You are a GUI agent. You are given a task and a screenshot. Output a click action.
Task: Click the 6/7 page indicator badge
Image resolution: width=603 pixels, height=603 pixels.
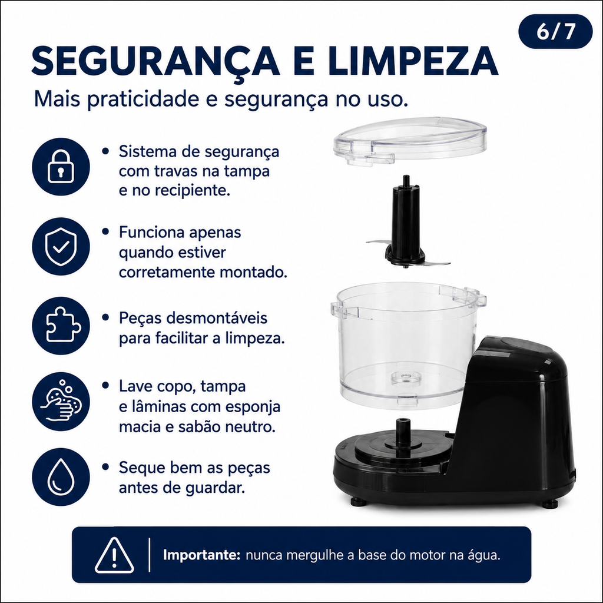tap(555, 32)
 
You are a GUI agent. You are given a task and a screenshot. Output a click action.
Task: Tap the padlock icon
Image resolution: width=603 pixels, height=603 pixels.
tap(61, 167)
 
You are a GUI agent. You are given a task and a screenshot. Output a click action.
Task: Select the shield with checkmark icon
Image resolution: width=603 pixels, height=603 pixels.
tap(61, 247)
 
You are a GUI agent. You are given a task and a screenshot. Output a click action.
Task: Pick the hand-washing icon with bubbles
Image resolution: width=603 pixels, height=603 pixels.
tap(61, 402)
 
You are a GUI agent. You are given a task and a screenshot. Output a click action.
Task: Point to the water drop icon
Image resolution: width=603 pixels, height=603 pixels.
tap(61, 477)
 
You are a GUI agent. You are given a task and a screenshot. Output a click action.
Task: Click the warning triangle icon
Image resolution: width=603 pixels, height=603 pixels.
tap(114, 555)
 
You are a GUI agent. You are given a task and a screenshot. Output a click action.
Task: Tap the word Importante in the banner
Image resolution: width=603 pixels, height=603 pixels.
tap(201, 555)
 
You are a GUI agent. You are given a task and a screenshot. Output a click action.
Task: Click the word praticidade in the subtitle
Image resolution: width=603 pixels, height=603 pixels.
tap(143, 100)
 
